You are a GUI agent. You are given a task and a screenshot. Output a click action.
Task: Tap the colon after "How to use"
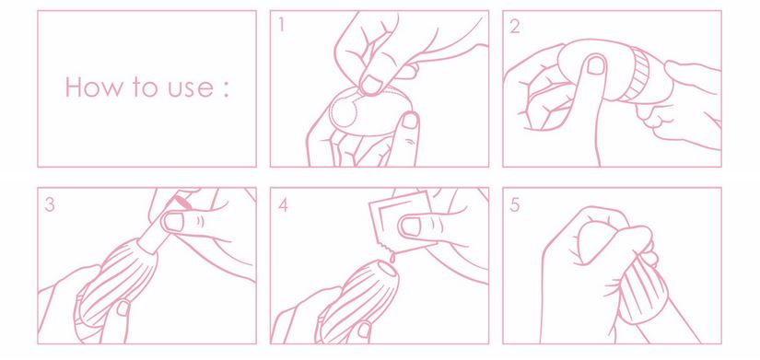click(x=226, y=89)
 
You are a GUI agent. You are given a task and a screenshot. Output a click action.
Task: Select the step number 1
click(x=281, y=25)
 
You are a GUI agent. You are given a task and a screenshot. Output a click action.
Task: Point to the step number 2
click(x=515, y=26)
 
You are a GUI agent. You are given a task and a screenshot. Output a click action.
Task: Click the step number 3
click(x=50, y=204)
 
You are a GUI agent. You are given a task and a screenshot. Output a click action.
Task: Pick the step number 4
click(x=283, y=205)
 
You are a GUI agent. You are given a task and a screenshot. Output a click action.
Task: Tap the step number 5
click(x=515, y=205)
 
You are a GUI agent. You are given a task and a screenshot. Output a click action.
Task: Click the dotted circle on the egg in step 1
click(x=343, y=112)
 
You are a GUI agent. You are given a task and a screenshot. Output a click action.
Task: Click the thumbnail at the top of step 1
click(x=372, y=85)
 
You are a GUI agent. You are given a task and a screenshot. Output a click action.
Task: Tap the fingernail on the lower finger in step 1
click(x=411, y=120)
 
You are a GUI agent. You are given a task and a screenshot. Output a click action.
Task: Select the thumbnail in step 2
click(x=596, y=65)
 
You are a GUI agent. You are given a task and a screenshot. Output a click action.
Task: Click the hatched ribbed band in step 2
click(x=636, y=75)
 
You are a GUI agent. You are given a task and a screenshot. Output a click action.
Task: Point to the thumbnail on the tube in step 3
click(x=173, y=221)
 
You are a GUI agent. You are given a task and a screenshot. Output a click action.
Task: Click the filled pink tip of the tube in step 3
click(x=181, y=201)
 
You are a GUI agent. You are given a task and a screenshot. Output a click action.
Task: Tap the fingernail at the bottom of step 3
click(x=123, y=308)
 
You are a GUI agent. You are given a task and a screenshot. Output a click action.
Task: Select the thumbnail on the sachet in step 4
click(x=410, y=226)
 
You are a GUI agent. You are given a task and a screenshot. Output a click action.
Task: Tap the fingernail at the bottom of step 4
click(x=364, y=331)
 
